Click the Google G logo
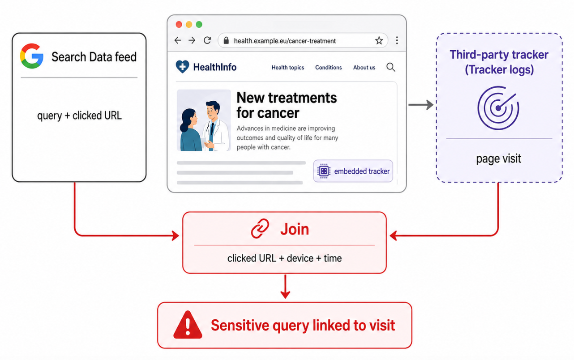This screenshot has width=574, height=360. click(32, 56)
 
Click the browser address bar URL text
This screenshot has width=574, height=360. click(285, 41)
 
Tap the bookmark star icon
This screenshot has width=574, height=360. click(379, 41)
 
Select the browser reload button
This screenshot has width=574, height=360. click(207, 40)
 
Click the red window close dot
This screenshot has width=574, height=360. click(179, 25)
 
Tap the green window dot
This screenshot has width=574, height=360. click(199, 25)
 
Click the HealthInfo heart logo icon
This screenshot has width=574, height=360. click(182, 67)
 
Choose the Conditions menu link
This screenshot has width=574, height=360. click(328, 68)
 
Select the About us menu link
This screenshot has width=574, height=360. click(364, 68)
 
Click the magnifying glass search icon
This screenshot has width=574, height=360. click(390, 67)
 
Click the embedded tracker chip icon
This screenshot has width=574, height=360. click(323, 171)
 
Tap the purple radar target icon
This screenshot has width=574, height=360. click(498, 108)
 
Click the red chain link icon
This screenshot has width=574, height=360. click(260, 229)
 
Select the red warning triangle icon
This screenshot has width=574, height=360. click(188, 325)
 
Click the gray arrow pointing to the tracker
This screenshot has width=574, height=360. click(421, 105)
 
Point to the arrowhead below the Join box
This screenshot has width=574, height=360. click(285, 294)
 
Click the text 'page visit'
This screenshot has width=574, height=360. click(498, 159)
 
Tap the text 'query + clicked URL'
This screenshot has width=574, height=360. click(79, 116)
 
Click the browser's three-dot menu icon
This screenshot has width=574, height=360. click(397, 41)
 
